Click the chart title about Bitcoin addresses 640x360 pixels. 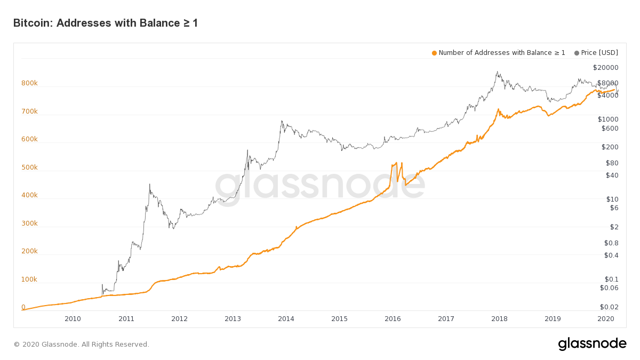(105, 23)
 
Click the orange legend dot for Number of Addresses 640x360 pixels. (434, 53)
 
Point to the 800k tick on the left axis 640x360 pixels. (29, 83)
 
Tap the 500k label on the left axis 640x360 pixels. (29, 167)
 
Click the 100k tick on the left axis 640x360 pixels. (29, 279)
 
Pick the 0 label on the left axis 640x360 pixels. (23, 307)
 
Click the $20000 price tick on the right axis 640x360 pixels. (605, 67)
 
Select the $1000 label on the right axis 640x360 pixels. (607, 119)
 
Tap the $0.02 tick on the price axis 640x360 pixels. (609, 307)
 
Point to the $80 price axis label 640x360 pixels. (612, 163)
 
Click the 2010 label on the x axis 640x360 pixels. (73, 319)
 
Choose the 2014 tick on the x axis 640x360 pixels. (286, 319)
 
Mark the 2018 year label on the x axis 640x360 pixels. (499, 319)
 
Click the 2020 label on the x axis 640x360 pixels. (606, 319)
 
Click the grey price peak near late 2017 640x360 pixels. (497, 72)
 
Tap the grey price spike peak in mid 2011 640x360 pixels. (150, 185)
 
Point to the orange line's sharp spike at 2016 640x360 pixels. (396, 163)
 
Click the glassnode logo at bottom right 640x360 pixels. (592, 344)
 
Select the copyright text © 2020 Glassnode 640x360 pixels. (81, 345)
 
